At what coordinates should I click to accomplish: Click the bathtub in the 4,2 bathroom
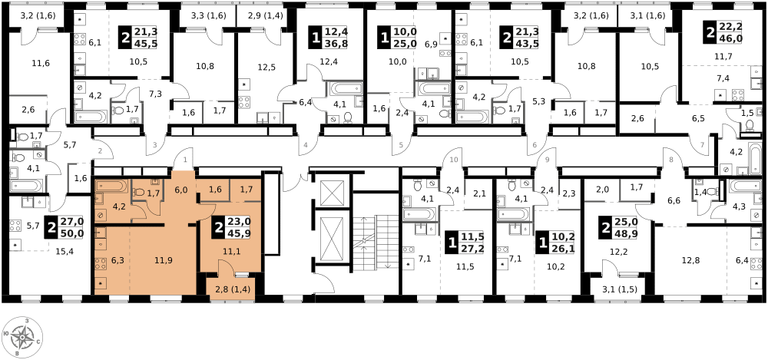tap(112, 186)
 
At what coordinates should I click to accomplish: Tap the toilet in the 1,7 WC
tap(140, 192)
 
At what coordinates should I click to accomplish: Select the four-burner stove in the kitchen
tap(100, 263)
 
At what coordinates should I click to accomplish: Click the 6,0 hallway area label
tap(180, 190)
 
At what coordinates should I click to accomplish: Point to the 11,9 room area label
tap(163, 260)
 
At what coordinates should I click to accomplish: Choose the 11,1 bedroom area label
tap(232, 251)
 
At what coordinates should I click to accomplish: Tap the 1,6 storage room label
tap(215, 190)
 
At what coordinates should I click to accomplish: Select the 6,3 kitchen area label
tap(118, 260)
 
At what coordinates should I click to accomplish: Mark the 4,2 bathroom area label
tap(119, 206)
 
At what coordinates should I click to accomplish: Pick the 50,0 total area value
tap(71, 233)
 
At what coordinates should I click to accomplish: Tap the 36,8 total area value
tap(335, 44)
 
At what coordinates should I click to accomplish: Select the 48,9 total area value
tap(624, 233)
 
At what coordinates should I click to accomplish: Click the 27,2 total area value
tap(471, 249)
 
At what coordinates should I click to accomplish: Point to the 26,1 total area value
tap(562, 249)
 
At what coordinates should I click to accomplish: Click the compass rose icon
tap(22, 337)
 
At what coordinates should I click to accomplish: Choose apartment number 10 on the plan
tap(453, 160)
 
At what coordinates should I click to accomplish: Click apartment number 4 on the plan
tap(306, 145)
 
